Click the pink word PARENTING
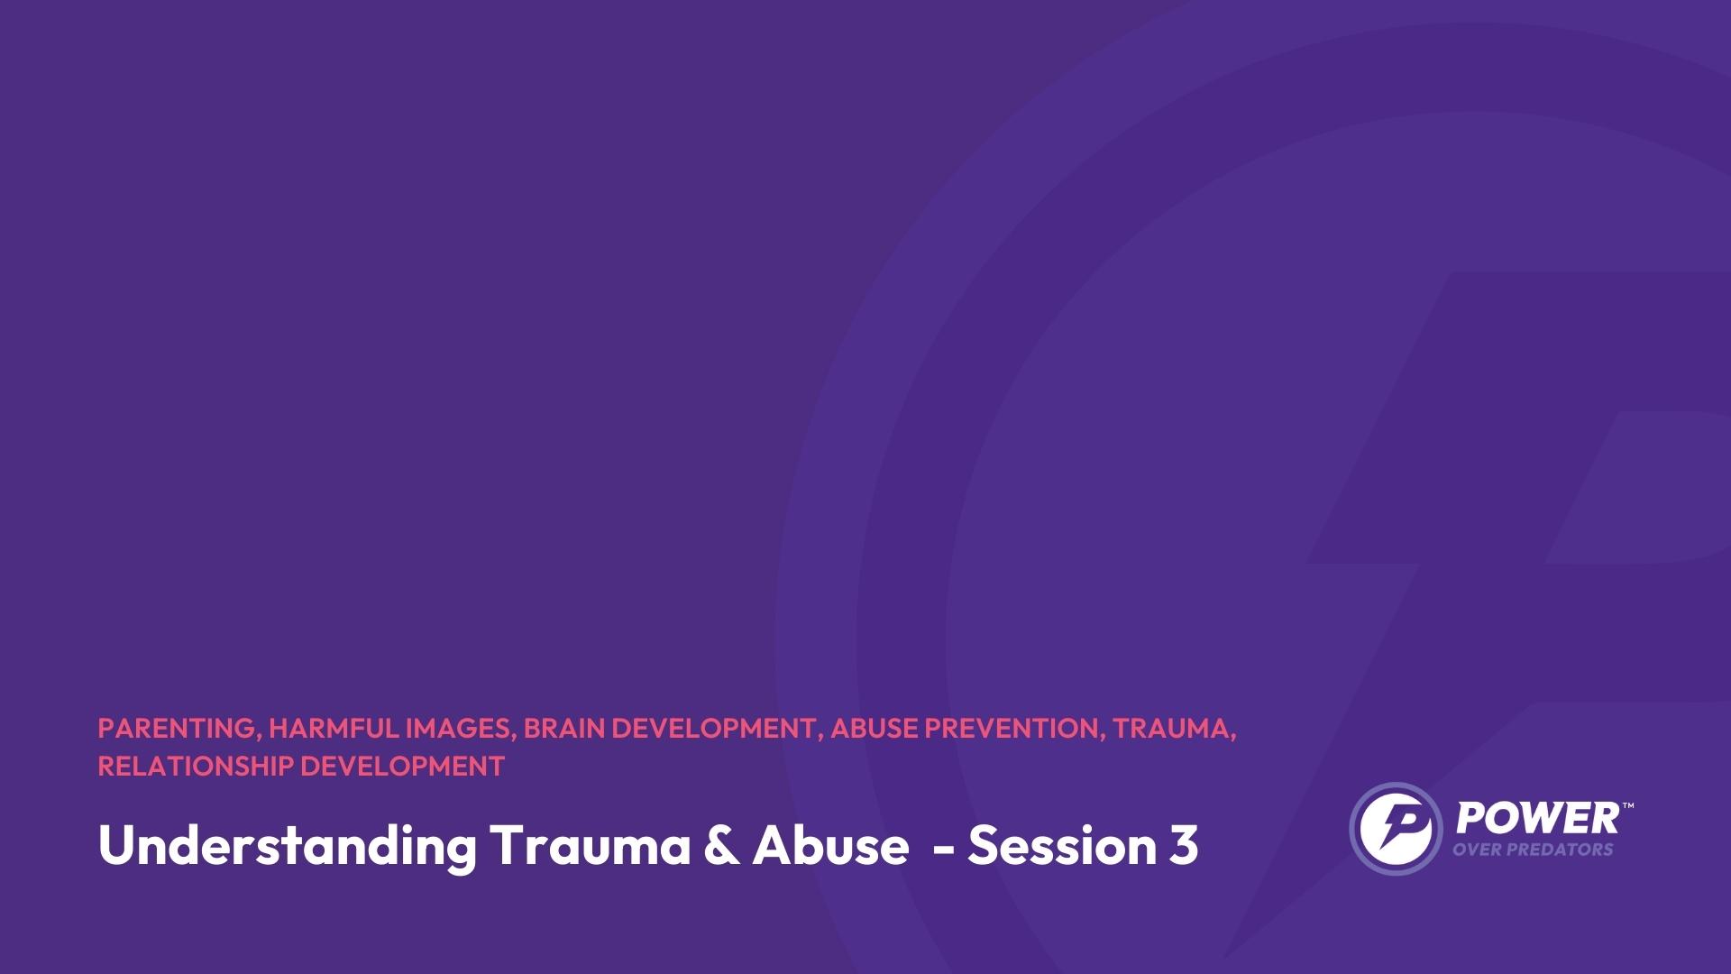(x=177, y=729)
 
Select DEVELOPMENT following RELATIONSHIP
(x=402, y=766)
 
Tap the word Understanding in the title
(x=288, y=846)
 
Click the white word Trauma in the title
(x=591, y=845)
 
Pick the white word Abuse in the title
(x=830, y=845)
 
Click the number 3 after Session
(x=1185, y=846)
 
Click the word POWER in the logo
(x=1537, y=819)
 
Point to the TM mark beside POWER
(x=1627, y=804)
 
